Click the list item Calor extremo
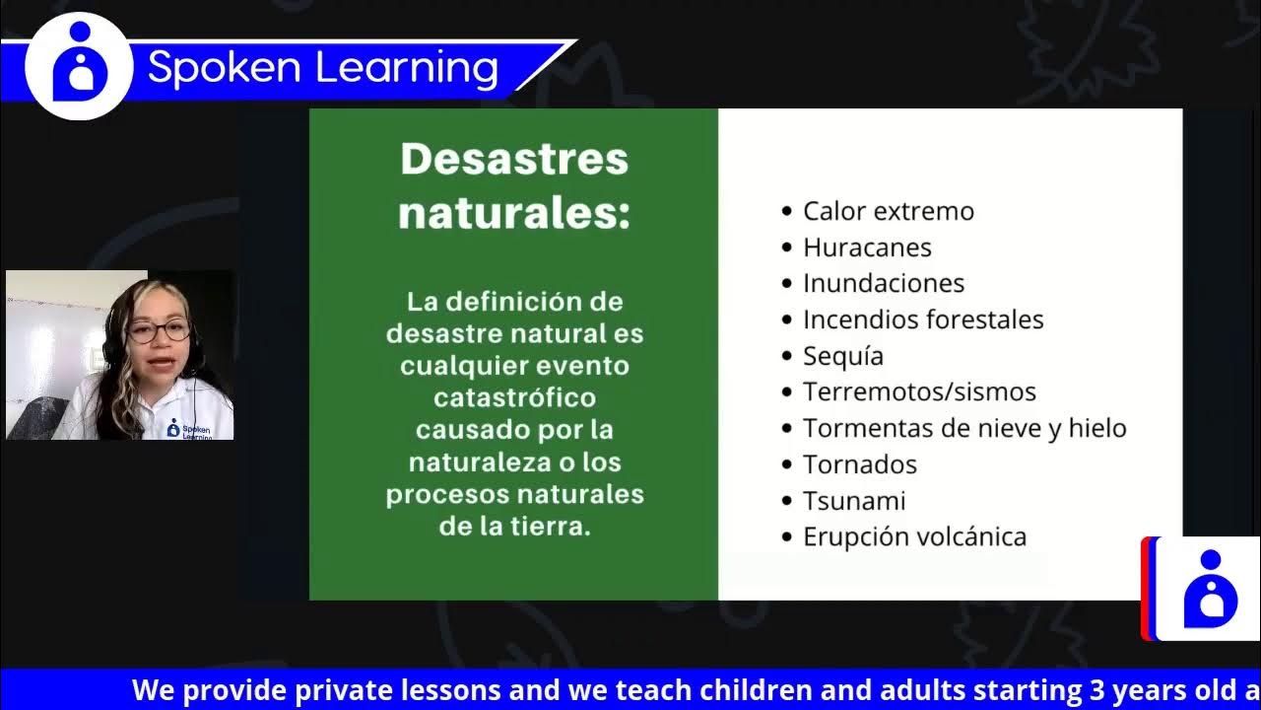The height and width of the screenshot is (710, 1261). point(888,211)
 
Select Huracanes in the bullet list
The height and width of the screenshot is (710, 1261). point(867,248)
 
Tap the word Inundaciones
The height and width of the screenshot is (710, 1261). point(883,283)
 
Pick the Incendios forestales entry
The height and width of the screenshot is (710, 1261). point(922,319)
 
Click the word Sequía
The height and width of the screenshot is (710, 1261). point(842,356)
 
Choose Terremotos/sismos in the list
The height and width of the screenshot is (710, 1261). point(918,391)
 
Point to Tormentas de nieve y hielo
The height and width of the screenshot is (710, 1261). point(963,428)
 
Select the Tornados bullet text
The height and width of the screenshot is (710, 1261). point(859,464)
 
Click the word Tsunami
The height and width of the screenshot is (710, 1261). point(853,501)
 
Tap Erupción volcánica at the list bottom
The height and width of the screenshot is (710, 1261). point(914,536)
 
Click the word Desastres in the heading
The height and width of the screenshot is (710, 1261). point(514,160)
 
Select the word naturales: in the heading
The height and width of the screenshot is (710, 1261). point(514,213)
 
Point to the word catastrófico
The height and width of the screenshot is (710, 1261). point(514,397)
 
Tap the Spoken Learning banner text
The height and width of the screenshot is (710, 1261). point(323,68)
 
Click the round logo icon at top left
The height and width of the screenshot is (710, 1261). point(79,67)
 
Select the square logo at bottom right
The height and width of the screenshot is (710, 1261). point(1210,589)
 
